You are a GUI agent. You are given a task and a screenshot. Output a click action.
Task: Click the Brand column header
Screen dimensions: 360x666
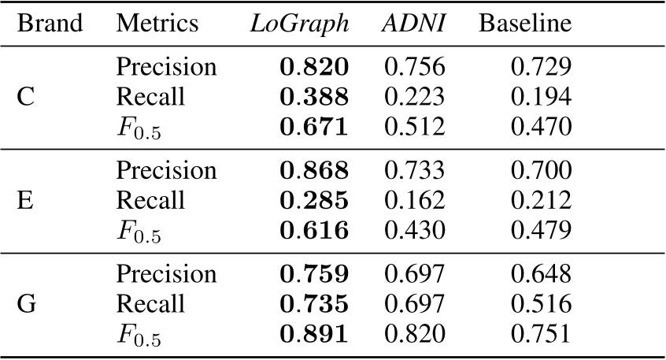point(50,24)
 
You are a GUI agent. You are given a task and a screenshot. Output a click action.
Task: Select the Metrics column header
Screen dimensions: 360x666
point(157,24)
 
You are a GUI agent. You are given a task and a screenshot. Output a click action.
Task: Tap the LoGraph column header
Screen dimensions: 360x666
point(299,24)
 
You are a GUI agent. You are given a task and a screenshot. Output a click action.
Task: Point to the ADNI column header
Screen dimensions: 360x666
point(414,24)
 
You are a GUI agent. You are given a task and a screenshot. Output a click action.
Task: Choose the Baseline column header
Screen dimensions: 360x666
point(524,24)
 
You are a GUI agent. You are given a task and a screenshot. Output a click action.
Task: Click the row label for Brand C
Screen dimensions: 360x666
point(25,97)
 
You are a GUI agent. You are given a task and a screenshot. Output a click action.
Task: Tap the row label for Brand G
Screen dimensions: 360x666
point(26,304)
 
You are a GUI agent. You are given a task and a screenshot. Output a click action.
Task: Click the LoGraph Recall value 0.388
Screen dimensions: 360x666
point(314,97)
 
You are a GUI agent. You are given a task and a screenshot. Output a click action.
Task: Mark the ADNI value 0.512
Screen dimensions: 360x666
point(414,126)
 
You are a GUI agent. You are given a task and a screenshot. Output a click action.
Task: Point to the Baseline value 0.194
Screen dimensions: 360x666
point(541,97)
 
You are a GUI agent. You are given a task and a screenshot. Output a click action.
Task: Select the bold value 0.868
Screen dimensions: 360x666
point(314,171)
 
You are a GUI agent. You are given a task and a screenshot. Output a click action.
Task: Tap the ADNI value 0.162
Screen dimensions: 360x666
point(414,200)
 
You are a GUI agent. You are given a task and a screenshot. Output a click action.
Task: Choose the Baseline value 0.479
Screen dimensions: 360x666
point(541,229)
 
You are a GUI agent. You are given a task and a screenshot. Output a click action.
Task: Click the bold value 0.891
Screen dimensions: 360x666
point(314,333)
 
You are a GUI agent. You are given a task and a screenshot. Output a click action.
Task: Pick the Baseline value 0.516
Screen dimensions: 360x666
point(541,304)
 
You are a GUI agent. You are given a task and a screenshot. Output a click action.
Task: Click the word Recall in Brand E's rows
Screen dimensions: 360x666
point(150,200)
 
